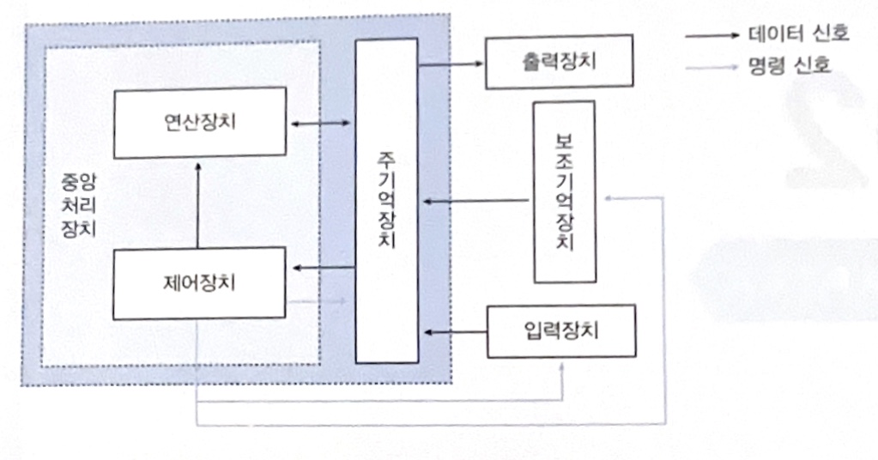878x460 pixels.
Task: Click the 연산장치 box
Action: tap(199, 122)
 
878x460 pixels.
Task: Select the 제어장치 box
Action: tap(199, 282)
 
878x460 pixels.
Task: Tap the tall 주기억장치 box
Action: tap(386, 200)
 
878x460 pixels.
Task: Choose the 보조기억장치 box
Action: tap(564, 191)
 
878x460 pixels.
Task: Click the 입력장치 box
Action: tap(561, 330)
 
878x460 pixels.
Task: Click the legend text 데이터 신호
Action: tap(798, 34)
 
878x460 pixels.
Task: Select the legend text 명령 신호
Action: tap(789, 66)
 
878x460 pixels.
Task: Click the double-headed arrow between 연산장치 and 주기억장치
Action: tap(320, 124)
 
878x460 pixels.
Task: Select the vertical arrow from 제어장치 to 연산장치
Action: tap(198, 206)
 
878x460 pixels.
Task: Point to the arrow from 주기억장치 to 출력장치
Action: tap(451, 64)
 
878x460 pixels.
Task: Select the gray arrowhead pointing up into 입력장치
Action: tap(562, 364)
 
